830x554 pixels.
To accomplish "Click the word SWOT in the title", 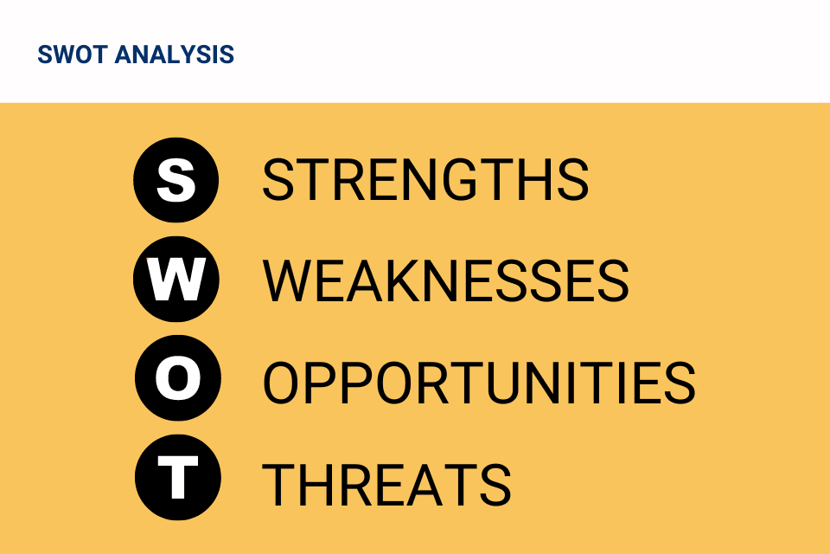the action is (x=73, y=55).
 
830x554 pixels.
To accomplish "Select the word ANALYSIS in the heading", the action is (x=174, y=55).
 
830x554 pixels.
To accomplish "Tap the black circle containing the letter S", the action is (x=176, y=180).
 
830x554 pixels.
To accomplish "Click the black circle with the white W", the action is (x=176, y=279).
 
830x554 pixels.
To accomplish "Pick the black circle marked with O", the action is (x=177, y=378).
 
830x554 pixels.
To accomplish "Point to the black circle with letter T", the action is (x=177, y=477).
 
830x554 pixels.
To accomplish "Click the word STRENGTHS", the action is (x=425, y=180).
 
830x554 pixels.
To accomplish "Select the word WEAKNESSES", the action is (x=446, y=280).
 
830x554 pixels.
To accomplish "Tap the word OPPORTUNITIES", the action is (x=479, y=383).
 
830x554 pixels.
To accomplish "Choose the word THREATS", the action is (x=387, y=484).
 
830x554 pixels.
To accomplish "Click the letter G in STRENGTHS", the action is (x=460, y=180).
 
